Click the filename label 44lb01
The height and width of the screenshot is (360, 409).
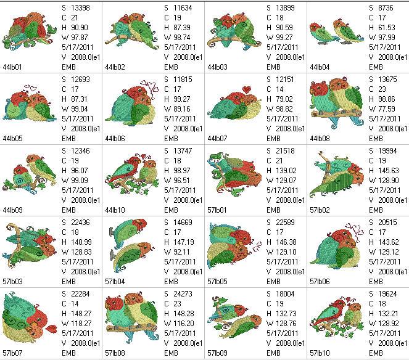pos(12,67)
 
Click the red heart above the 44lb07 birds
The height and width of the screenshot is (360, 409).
pos(246,89)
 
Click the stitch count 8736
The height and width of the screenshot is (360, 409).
pos(388,7)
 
